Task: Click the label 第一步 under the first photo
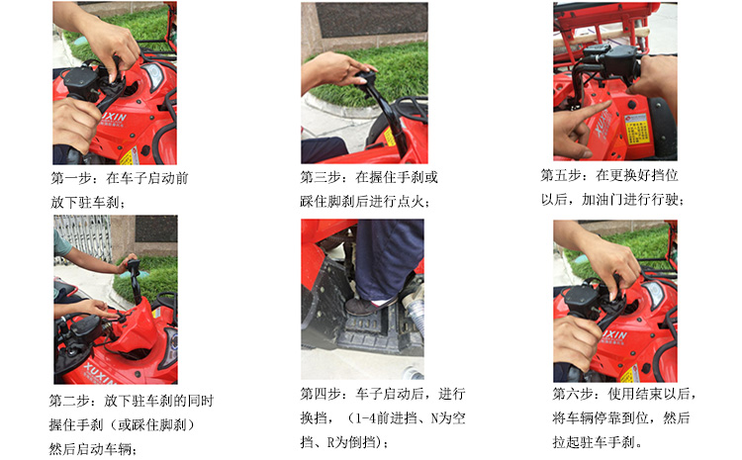click(x=70, y=179)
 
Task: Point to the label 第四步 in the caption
click(x=324, y=393)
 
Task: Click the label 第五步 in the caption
click(x=562, y=174)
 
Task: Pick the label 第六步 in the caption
click(x=574, y=394)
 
